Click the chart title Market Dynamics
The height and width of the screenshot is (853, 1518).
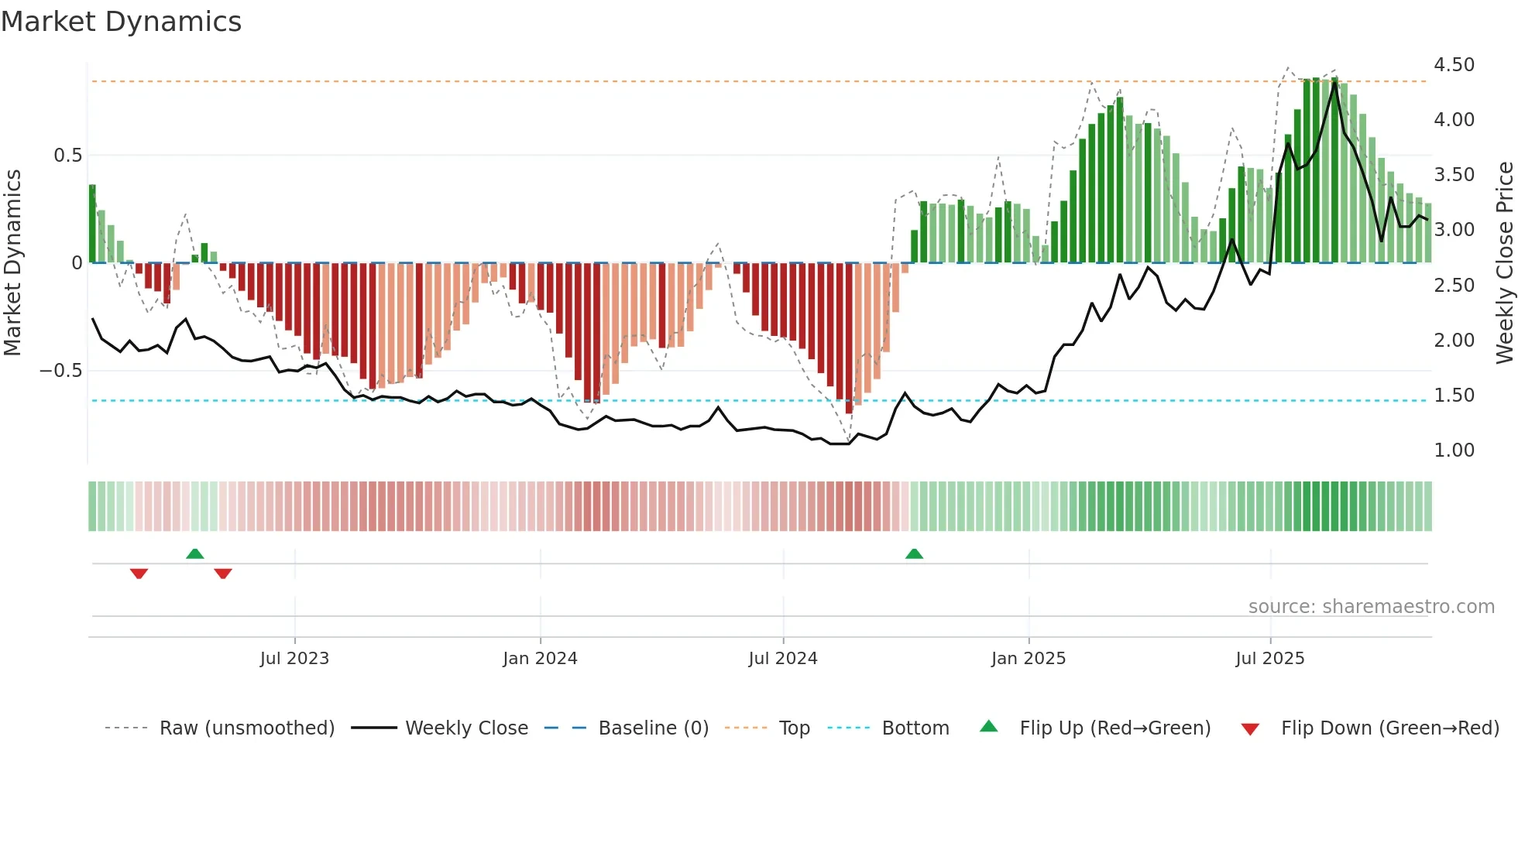pyautogui.click(x=121, y=22)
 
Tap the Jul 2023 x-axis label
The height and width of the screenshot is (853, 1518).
pyautogui.click(x=294, y=659)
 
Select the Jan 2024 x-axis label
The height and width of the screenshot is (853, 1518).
pyautogui.click(x=540, y=659)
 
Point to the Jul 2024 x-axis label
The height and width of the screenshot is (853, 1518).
pyautogui.click(x=783, y=659)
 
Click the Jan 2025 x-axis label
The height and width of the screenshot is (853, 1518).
pyautogui.click(x=1029, y=659)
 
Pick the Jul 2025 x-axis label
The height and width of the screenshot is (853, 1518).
pyautogui.click(x=1270, y=659)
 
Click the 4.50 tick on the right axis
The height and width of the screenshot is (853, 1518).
pyautogui.click(x=1454, y=65)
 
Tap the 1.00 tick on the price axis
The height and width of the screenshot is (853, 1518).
pyautogui.click(x=1454, y=450)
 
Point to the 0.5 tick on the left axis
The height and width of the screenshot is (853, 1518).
pyautogui.click(x=67, y=156)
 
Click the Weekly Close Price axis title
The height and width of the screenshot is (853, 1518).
pyautogui.click(x=1504, y=263)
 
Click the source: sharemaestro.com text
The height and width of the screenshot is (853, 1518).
pyautogui.click(x=1371, y=607)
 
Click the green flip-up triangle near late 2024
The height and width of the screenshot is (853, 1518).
pyautogui.click(x=914, y=554)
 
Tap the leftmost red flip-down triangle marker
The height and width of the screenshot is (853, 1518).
pyautogui.click(x=139, y=574)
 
